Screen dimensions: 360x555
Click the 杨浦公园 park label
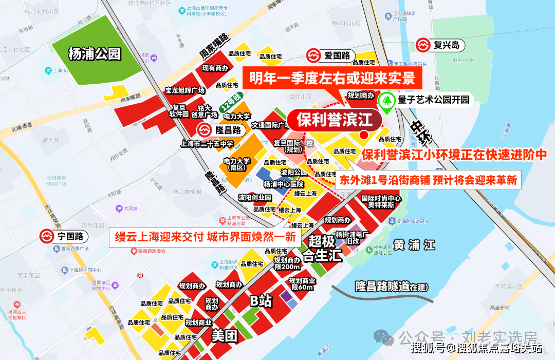click(94, 53)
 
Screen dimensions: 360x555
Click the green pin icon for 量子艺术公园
click(386, 102)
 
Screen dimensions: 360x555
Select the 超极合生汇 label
click(322, 249)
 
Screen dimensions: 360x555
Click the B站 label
click(260, 301)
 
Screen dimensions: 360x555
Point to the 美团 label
click(225, 336)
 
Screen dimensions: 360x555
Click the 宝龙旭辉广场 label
click(185, 90)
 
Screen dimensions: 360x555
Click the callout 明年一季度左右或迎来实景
click(332, 79)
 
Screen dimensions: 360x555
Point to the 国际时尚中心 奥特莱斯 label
click(381, 201)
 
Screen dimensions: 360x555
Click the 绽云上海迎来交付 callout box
click(205, 237)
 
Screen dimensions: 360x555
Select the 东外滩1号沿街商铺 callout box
click(428, 181)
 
